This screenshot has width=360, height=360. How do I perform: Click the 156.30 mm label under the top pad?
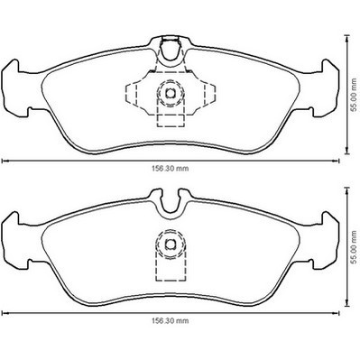pos(170,169)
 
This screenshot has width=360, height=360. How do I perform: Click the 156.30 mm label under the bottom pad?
pos(170,321)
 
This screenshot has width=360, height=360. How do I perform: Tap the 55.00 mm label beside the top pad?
pos(355,95)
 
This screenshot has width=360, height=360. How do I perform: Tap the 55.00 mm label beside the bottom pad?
pos(355,247)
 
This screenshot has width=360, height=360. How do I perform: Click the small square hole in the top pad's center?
pos(171,94)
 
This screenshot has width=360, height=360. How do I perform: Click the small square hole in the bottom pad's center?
pos(171,244)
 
